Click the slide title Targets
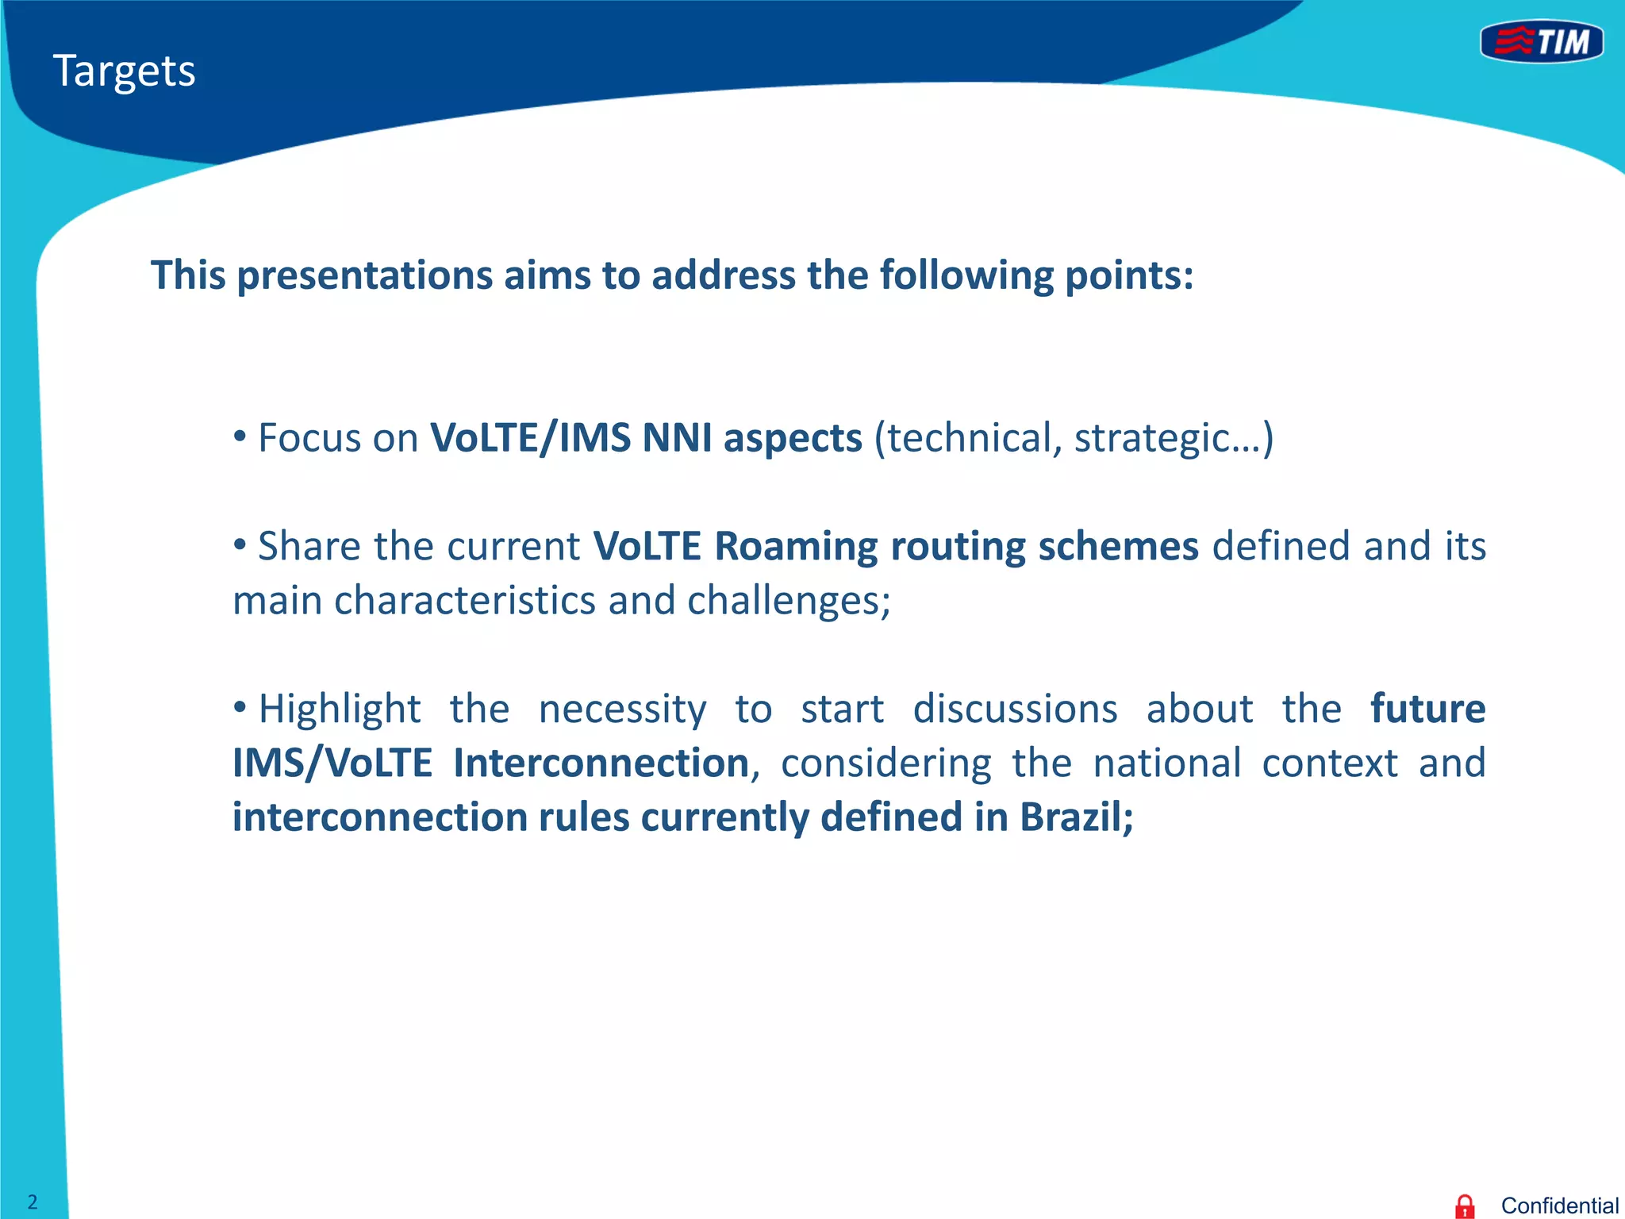coord(124,71)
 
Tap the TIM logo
coord(1542,42)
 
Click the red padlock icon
coord(1465,1206)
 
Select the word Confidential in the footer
coord(1559,1206)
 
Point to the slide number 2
coord(33,1202)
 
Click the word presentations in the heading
coord(365,276)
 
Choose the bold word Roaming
coord(796,546)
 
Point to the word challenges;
coord(789,601)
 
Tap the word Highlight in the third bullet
coord(340,709)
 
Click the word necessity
coord(622,709)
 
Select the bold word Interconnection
coord(601,763)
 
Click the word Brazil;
coord(1076,817)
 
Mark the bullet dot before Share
coord(240,544)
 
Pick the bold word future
coord(1427,709)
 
